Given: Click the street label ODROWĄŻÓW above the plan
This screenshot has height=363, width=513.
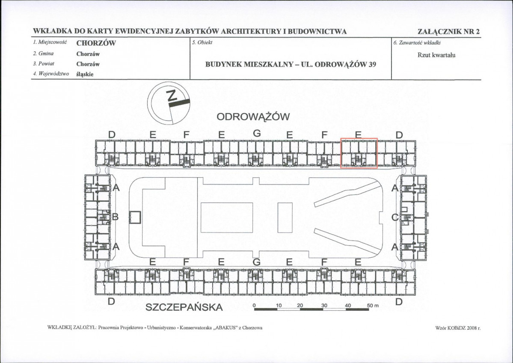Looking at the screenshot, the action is (253, 116).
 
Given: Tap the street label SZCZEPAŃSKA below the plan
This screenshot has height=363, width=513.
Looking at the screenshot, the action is (184, 307).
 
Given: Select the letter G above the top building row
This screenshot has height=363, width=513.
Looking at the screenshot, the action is (257, 133).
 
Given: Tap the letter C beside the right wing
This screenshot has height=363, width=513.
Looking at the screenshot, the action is (395, 217).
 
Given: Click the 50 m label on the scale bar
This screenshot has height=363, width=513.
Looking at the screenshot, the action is (372, 305).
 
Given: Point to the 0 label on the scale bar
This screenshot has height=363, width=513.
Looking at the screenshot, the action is (254, 305).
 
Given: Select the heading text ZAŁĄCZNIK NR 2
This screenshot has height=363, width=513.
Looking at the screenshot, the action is (448, 32).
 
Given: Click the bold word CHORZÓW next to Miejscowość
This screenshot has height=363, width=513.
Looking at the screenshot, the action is (96, 43).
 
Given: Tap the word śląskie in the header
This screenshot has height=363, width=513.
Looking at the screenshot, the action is (85, 74).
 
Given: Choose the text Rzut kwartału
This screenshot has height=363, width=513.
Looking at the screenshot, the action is (436, 55).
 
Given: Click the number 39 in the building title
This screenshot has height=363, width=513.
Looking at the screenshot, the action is (372, 64).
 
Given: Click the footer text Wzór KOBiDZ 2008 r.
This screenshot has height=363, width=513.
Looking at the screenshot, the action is (458, 327).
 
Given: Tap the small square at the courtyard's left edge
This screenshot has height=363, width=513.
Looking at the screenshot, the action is (135, 217).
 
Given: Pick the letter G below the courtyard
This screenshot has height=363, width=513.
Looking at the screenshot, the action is (257, 262).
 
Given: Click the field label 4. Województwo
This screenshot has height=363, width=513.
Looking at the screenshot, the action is (51, 74).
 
